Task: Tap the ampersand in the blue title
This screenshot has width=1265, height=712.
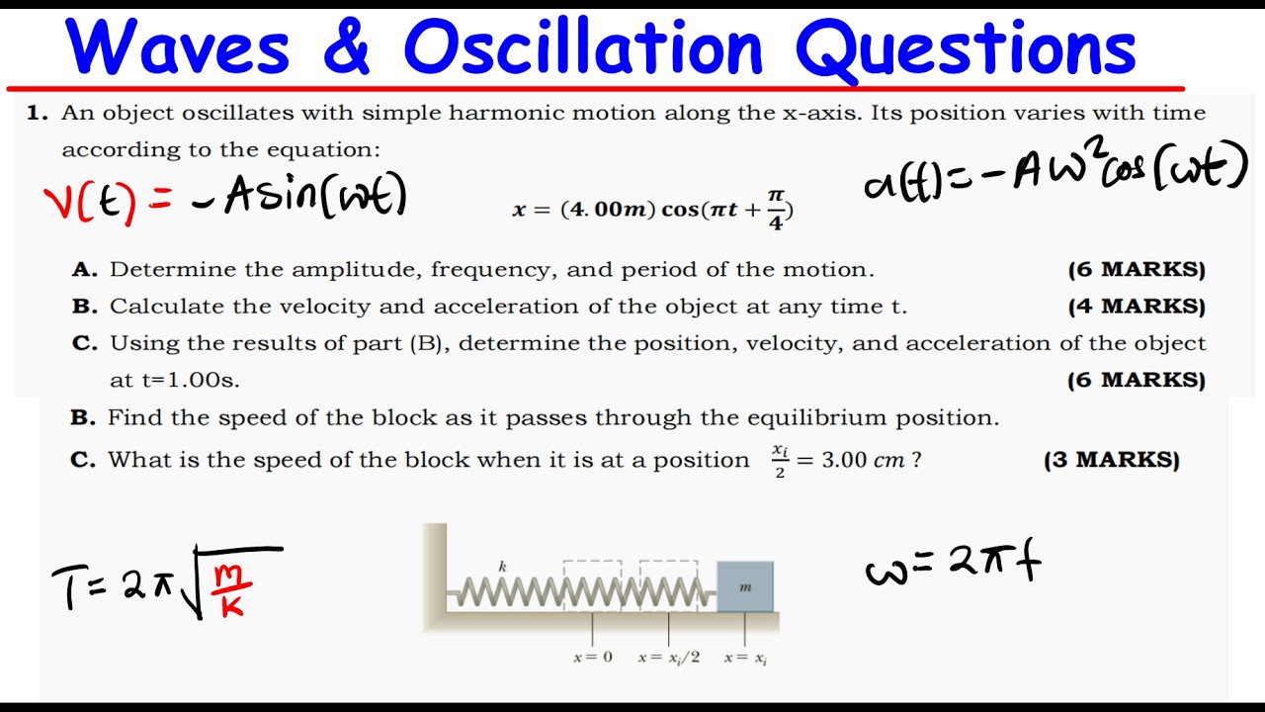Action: point(345,47)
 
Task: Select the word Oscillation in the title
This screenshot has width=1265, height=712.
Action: point(583,47)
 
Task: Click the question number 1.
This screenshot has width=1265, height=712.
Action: point(38,113)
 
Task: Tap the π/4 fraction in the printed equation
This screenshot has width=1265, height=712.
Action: point(775,210)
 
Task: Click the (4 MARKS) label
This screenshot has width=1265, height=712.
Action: point(1137,307)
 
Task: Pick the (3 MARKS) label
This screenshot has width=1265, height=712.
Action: point(1111,460)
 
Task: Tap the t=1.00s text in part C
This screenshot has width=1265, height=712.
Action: point(174,380)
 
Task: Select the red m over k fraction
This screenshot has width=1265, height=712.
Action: point(233,589)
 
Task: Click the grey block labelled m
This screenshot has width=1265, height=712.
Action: point(745,587)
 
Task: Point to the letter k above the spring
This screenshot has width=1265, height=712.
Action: point(503,567)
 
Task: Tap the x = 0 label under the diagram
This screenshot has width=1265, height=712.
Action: point(592,658)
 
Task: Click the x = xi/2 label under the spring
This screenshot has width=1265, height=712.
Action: point(669,658)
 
